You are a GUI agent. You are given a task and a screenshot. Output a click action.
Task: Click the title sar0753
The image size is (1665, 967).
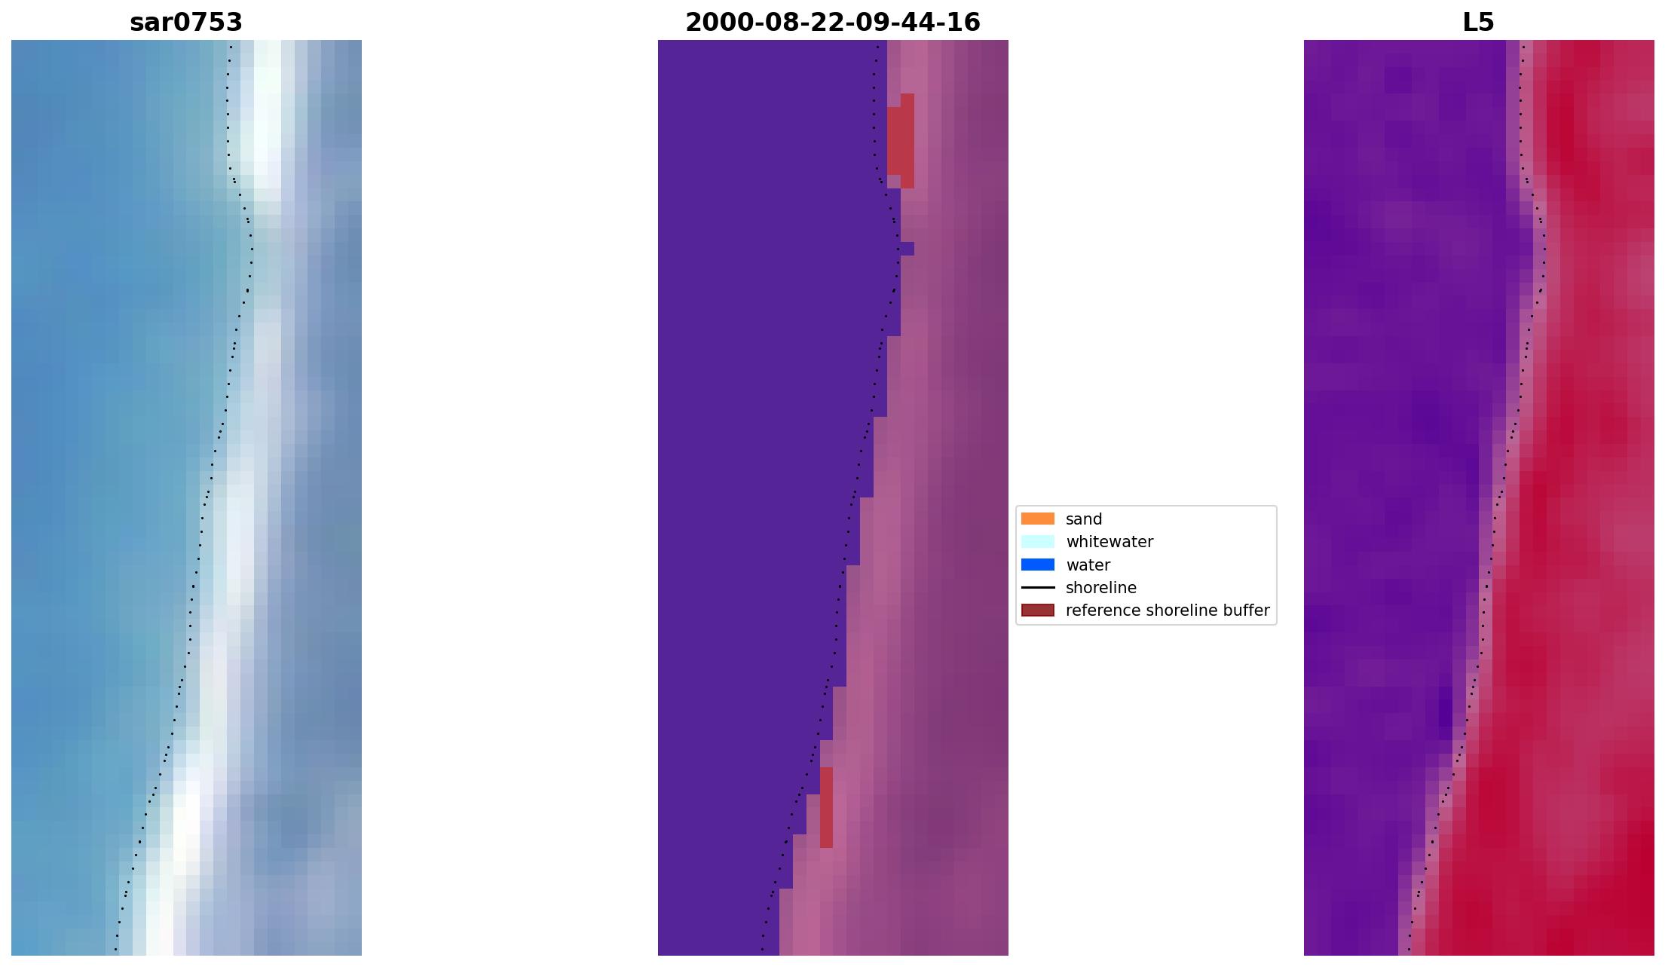(186, 23)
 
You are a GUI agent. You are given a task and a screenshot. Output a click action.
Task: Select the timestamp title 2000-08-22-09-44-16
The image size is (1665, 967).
(832, 23)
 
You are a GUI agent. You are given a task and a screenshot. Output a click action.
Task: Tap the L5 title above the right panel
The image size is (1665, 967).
(1478, 23)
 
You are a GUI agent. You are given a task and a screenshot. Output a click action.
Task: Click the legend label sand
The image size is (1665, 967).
(1083, 519)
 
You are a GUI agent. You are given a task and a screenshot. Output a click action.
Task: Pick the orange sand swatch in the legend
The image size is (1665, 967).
(1037, 519)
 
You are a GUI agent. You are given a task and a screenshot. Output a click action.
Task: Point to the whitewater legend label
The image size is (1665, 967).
(1109, 542)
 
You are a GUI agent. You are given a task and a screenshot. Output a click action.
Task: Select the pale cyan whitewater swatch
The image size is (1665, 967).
(1037, 541)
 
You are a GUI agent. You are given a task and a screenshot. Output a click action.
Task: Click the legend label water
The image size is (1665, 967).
(1088, 565)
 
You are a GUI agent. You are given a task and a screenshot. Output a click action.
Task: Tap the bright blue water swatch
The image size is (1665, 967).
(1037, 565)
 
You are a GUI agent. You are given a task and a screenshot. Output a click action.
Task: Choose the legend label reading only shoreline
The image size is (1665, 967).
(1100, 588)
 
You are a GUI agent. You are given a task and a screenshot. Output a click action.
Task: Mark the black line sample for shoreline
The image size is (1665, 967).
(1037, 587)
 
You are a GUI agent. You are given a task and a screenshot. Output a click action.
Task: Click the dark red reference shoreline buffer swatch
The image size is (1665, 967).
(1037, 610)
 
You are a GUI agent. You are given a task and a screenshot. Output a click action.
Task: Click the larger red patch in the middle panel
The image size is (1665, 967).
(901, 141)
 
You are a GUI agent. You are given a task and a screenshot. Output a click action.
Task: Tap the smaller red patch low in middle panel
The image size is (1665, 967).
(826, 807)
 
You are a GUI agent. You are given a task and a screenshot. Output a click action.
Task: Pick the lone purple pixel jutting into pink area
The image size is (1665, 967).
(907, 249)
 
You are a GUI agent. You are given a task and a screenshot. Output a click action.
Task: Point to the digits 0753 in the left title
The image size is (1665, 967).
(214, 23)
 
